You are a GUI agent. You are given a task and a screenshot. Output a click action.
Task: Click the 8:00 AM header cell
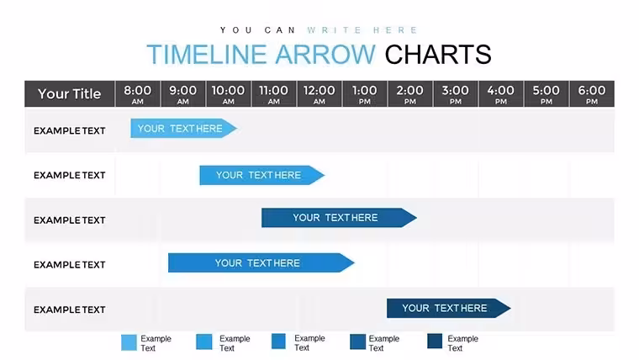click(x=138, y=93)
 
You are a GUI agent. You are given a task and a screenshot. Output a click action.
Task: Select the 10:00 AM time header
click(x=228, y=93)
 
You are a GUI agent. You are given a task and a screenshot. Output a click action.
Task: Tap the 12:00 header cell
click(x=319, y=93)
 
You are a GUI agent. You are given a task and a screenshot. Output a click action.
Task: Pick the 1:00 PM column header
click(x=365, y=93)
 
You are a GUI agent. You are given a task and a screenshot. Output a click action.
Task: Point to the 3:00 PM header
click(x=456, y=93)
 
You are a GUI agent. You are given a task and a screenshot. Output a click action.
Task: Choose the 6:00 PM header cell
click(x=592, y=93)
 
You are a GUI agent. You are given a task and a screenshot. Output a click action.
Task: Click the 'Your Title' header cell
click(x=70, y=93)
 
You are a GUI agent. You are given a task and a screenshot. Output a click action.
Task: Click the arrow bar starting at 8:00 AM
click(x=184, y=129)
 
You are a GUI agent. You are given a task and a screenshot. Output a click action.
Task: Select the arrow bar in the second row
click(x=262, y=175)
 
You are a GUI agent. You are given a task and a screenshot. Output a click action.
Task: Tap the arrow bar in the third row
click(x=339, y=218)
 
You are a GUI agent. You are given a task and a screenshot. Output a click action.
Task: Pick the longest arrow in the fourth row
click(x=261, y=263)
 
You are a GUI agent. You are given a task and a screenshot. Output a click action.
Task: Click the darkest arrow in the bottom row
click(x=449, y=308)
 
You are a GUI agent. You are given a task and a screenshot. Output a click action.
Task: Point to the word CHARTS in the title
click(x=438, y=55)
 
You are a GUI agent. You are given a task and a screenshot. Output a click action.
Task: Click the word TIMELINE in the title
click(x=207, y=55)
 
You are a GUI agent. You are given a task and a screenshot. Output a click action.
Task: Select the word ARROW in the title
click(x=325, y=55)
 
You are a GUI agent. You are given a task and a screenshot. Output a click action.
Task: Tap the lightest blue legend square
click(x=129, y=342)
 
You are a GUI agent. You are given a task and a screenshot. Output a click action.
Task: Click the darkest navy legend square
click(x=435, y=341)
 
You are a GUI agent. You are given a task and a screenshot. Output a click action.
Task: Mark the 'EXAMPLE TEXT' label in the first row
click(x=70, y=131)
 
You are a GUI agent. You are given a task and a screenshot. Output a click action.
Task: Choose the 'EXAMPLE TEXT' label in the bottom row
click(x=70, y=310)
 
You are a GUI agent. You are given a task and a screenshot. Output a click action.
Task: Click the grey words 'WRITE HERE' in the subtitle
click(x=362, y=30)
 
